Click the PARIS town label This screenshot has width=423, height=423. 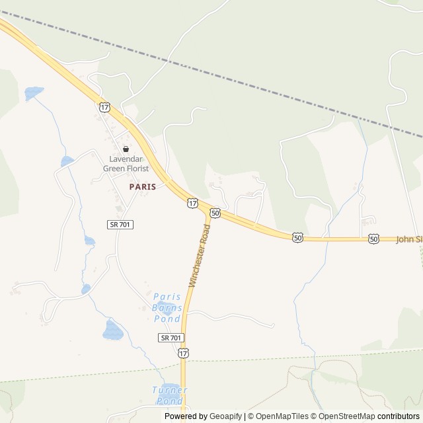pos(143,187)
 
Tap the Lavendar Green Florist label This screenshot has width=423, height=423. pos(126,163)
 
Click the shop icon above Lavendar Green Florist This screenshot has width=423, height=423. pos(126,149)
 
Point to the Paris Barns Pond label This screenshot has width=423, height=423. pos(167,307)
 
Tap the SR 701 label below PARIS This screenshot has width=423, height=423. pos(120,225)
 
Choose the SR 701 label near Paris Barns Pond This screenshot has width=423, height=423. pos(171,338)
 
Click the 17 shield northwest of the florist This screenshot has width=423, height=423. pos(104,106)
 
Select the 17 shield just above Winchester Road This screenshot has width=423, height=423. pos(192,203)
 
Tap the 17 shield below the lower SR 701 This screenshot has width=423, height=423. pos(183,354)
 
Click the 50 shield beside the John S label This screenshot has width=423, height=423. pos(374,239)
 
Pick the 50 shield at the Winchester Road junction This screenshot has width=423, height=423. pos(215,213)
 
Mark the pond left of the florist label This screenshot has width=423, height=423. pos(67,161)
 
